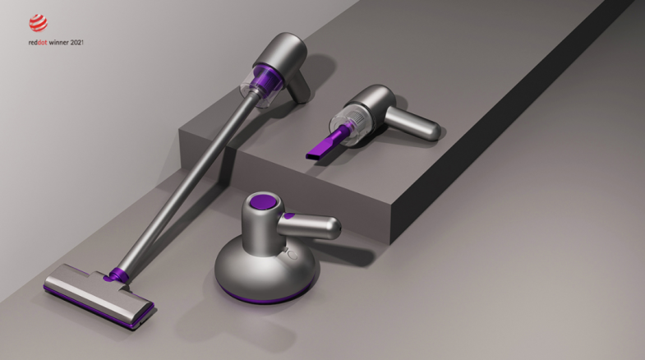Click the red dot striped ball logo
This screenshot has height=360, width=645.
point(39,23)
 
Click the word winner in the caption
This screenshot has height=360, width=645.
point(58,43)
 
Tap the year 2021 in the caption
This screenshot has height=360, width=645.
point(77,43)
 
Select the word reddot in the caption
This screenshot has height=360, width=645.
point(38,43)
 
